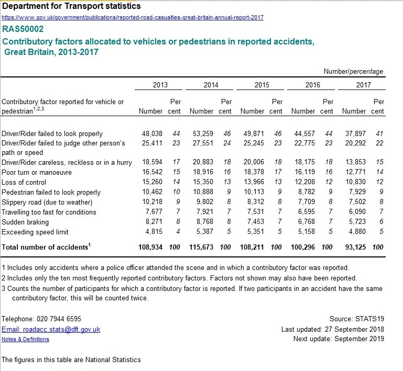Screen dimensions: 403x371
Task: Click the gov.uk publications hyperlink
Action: (x=133, y=17)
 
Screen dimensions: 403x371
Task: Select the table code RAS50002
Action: (x=23, y=29)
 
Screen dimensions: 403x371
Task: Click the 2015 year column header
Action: (x=262, y=85)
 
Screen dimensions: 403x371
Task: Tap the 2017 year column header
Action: (x=363, y=85)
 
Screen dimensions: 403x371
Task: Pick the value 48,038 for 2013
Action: (x=152, y=133)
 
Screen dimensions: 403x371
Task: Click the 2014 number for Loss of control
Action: (x=203, y=182)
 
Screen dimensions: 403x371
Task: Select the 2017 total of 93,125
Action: (x=355, y=247)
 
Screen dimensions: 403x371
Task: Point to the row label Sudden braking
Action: (x=25, y=222)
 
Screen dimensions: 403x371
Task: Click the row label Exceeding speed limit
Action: (x=35, y=232)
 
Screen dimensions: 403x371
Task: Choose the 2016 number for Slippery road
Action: (x=306, y=201)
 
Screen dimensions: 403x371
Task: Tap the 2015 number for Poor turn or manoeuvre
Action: (x=254, y=172)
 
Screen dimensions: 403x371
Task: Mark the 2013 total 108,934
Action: (x=150, y=247)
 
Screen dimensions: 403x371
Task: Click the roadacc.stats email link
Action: (x=51, y=329)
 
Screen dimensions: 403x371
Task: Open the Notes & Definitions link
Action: (x=25, y=339)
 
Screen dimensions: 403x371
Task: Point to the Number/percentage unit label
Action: (x=353, y=71)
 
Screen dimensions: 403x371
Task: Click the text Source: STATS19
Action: (x=357, y=319)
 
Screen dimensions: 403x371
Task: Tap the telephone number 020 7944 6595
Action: (x=59, y=319)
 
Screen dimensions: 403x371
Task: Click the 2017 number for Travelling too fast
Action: (x=357, y=211)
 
